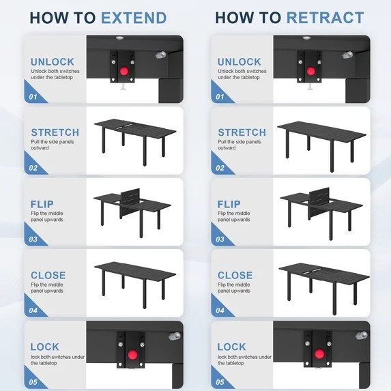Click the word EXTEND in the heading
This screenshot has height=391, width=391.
pos(134,18)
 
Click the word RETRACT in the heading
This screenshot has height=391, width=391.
pos(325,18)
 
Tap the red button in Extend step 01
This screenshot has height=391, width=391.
pos(124,72)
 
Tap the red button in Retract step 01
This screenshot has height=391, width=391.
pos(310,72)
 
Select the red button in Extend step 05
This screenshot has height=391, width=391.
pos(132,354)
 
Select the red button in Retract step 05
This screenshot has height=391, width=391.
pos(319,354)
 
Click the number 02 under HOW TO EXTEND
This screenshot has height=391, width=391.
pos(33,168)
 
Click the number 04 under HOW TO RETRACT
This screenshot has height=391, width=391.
pos(220,310)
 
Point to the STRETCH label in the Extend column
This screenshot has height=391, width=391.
pos(55,132)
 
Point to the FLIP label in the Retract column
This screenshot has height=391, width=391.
pos(229,204)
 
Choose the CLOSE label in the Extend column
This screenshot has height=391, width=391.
pos(48,275)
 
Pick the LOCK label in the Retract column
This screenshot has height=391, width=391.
pos(231,347)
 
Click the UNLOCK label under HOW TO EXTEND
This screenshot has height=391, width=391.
pos(53,62)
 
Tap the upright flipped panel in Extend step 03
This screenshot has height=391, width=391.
pos(130,202)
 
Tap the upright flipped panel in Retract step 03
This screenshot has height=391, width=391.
pos(319,202)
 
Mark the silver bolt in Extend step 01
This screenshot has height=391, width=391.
pos(161,55)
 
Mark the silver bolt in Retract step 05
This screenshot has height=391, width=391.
pos(362,335)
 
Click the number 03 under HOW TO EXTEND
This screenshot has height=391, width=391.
pos(33,240)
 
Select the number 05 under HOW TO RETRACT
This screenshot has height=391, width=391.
pos(220,382)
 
